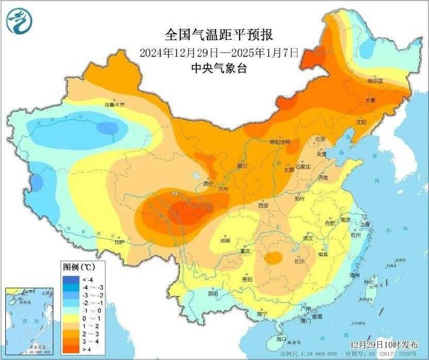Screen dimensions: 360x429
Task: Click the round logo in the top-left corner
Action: [19, 21]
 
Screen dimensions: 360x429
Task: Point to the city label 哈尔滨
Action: [375, 81]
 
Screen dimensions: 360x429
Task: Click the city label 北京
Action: [321, 138]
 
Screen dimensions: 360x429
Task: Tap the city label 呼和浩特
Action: [279, 142]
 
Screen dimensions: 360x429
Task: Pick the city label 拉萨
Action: [119, 242]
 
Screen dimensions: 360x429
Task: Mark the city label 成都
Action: [225, 240]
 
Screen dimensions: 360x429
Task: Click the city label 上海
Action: [366, 224]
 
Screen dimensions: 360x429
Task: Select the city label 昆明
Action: [213, 293]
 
